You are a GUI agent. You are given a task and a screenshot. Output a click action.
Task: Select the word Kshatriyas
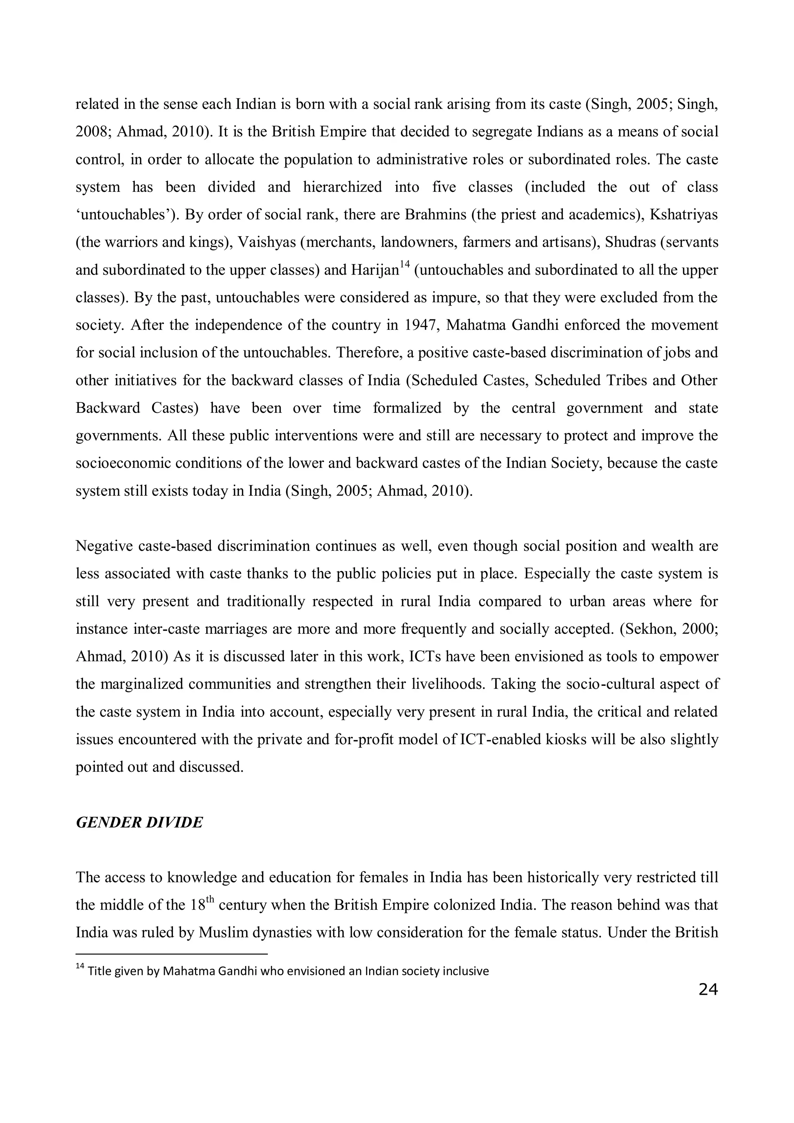684,215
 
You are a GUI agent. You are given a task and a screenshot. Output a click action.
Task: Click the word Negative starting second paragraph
104,546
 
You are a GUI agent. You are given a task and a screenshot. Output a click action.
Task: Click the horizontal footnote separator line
171,954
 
